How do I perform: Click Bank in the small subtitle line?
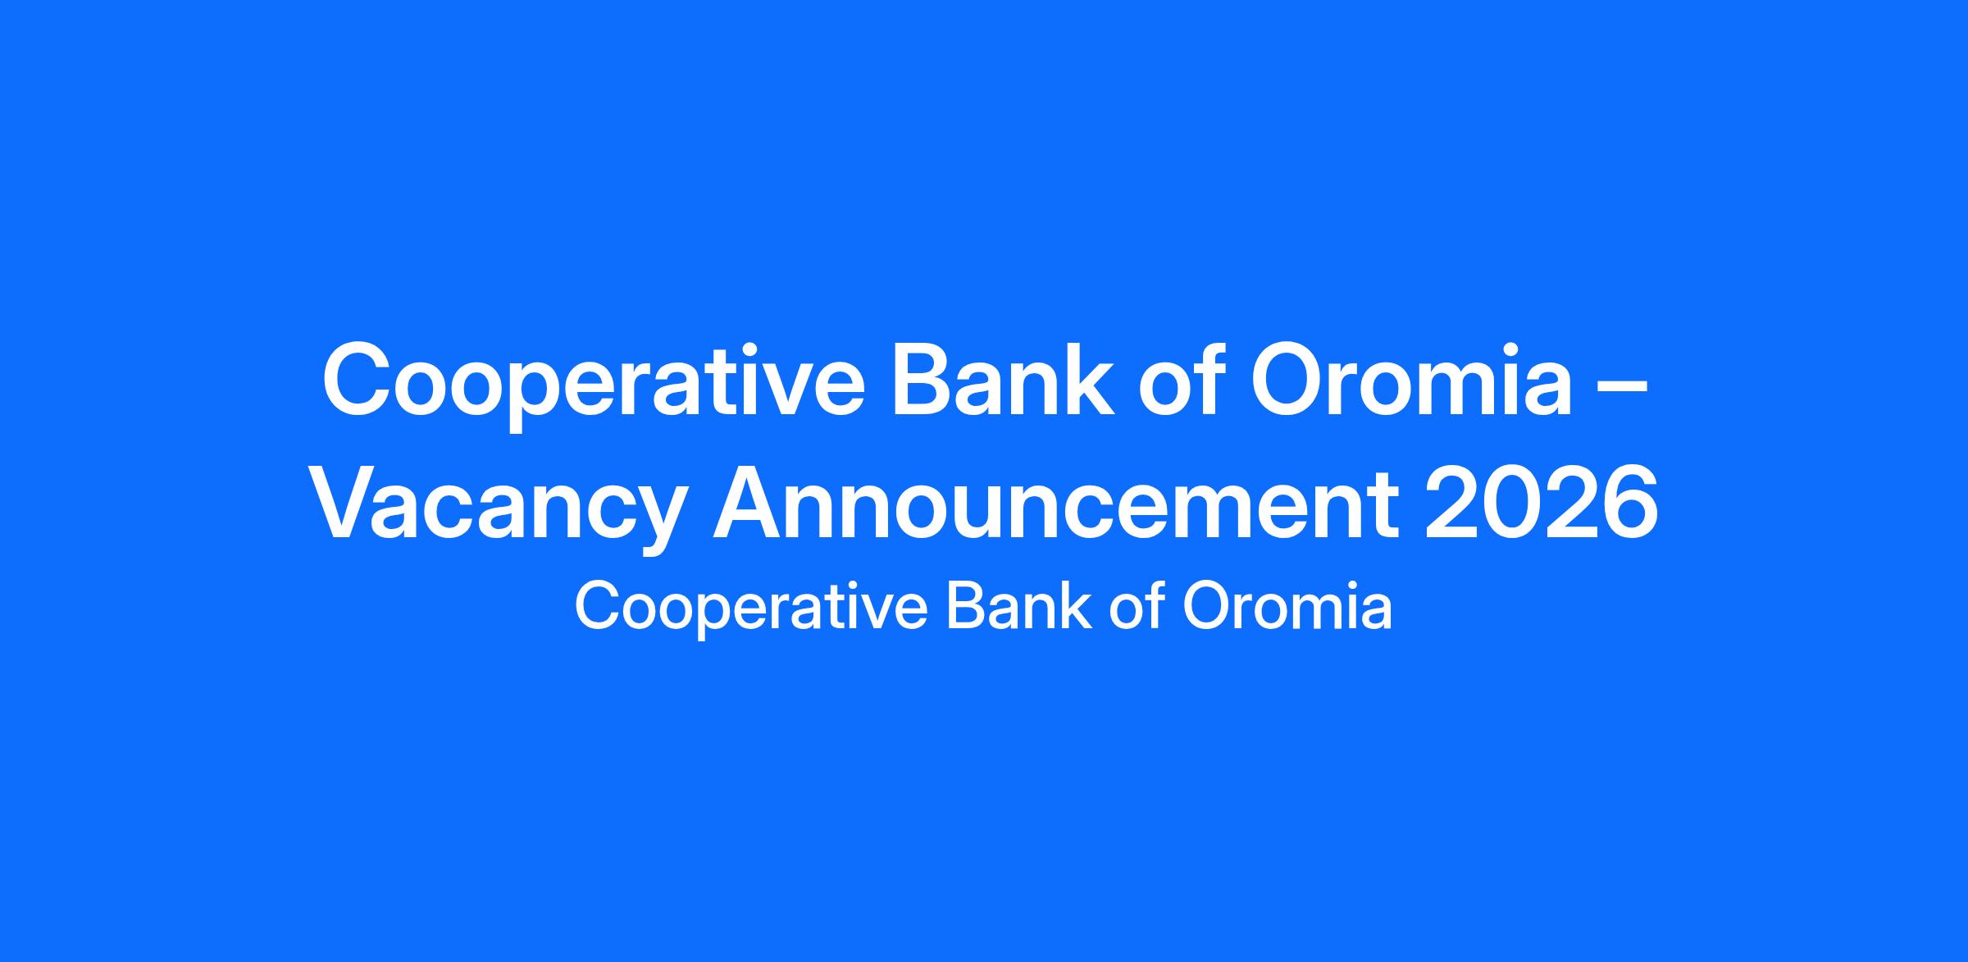point(1018,605)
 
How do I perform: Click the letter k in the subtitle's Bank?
point(1077,605)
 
